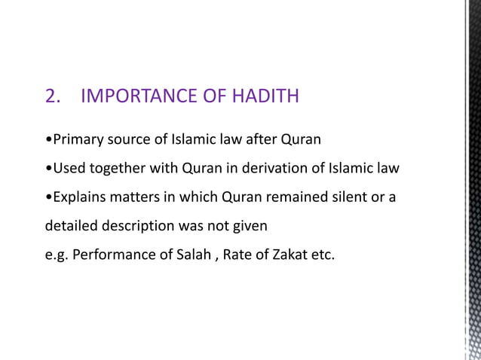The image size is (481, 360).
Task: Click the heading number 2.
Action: [53, 97]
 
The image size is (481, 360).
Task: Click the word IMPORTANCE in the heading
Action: [138, 97]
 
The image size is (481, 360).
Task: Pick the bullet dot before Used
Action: [49, 169]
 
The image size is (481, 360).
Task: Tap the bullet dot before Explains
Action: [49, 197]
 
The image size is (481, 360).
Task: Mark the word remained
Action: [290, 197]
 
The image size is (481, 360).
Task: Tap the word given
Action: [250, 226]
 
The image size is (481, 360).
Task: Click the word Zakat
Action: [289, 254]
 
